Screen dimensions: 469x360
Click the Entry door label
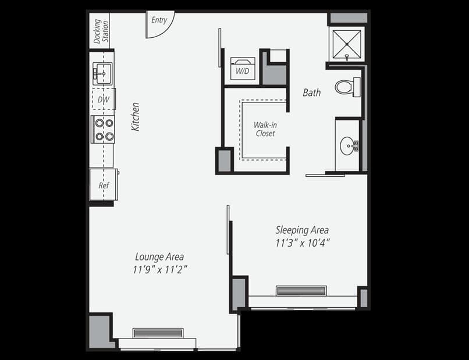click(159, 20)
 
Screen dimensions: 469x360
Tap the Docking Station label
click(101, 31)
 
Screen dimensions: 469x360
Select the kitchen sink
click(102, 73)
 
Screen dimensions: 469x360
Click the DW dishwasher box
click(104, 99)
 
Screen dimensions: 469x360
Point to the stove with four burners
click(103, 130)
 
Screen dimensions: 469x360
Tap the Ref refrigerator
click(104, 184)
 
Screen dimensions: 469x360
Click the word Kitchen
click(136, 117)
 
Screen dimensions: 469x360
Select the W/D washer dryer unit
click(243, 69)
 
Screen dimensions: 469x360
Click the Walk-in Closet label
click(265, 129)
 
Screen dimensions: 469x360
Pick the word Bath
click(312, 92)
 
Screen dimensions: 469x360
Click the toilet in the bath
click(347, 87)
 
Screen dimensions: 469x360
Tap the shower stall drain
click(347, 44)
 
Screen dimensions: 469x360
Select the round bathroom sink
click(348, 145)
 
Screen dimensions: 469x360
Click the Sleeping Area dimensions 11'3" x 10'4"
click(303, 243)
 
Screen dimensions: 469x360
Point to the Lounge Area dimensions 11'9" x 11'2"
click(160, 270)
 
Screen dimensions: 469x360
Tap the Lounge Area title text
click(159, 256)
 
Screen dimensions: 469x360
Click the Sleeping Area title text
click(302, 230)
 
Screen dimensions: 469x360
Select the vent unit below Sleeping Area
click(301, 291)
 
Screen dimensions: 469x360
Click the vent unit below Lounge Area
click(158, 333)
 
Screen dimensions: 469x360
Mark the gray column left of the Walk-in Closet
click(225, 161)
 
